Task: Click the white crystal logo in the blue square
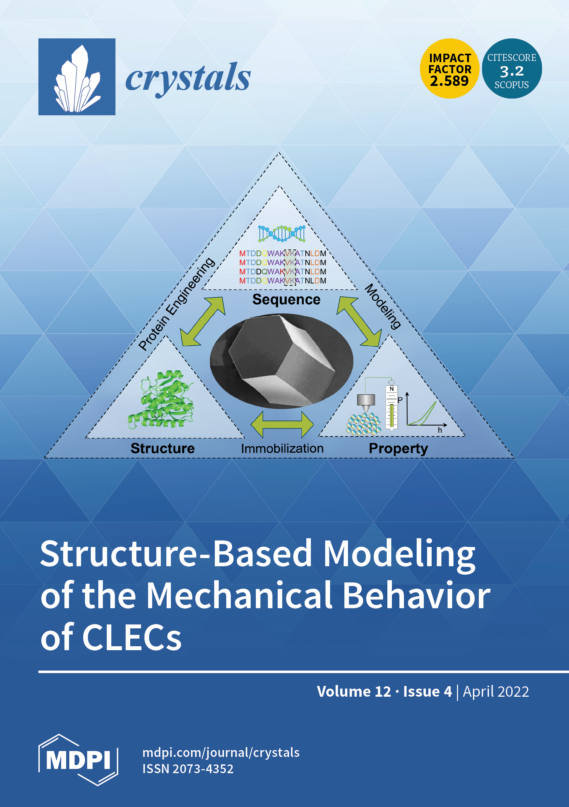coord(77,79)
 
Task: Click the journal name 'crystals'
coord(188,78)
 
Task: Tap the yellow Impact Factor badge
coord(450,69)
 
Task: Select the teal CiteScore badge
coord(512,69)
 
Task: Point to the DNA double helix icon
coord(282,233)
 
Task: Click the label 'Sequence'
coord(286,299)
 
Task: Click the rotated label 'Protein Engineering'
coord(176,304)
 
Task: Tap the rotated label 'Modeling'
coord(382,307)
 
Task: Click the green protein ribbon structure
coord(161,399)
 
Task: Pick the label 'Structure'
coord(162,448)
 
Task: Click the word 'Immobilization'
coord(282,448)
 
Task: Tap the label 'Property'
coord(398,449)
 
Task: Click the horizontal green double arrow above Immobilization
coord(282,424)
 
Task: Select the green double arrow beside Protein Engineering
coord(202,321)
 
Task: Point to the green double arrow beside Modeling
coord(359,321)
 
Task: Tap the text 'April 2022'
coord(496,691)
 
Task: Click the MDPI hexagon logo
coord(78,760)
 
